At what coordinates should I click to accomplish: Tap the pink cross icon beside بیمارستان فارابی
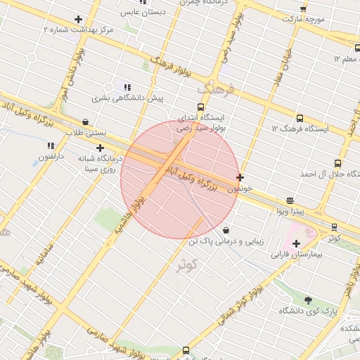click(x=296, y=243)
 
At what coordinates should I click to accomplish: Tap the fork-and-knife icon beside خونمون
click(x=240, y=178)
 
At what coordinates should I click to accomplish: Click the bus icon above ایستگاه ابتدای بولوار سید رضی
click(x=201, y=108)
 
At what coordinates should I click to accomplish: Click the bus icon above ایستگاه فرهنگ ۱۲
click(x=300, y=118)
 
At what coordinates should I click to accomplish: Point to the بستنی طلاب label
click(x=85, y=132)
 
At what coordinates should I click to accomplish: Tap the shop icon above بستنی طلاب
click(x=85, y=122)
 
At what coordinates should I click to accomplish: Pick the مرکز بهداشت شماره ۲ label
click(x=77, y=30)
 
